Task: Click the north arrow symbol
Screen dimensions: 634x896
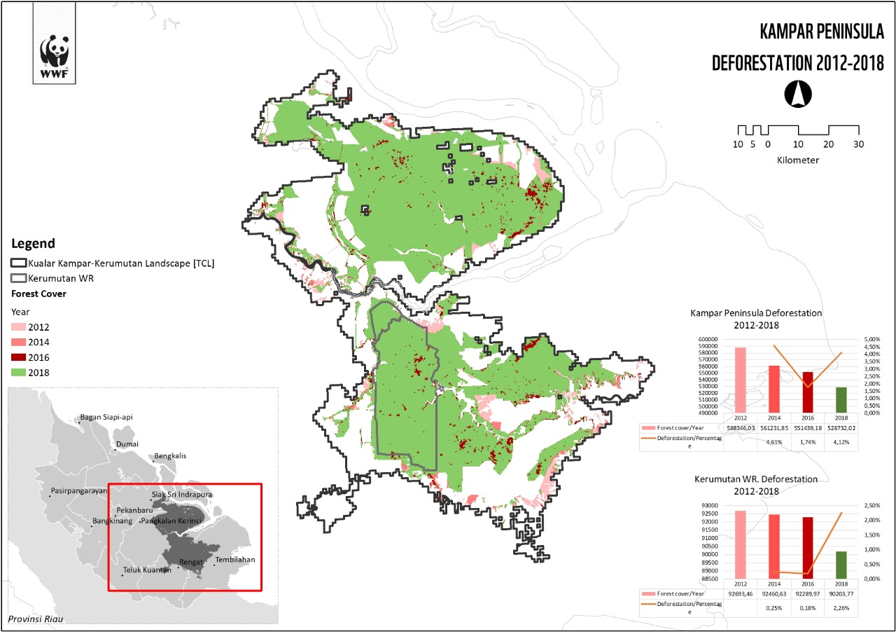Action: (799, 93)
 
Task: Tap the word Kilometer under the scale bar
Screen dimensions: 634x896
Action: (798, 160)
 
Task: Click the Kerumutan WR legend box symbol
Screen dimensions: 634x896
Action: (19, 278)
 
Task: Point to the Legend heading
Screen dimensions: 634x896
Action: (33, 244)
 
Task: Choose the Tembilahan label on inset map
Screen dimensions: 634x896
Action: (235, 560)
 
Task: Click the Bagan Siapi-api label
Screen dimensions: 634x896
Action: (106, 417)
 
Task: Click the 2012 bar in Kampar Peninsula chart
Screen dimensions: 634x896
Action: (740, 378)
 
